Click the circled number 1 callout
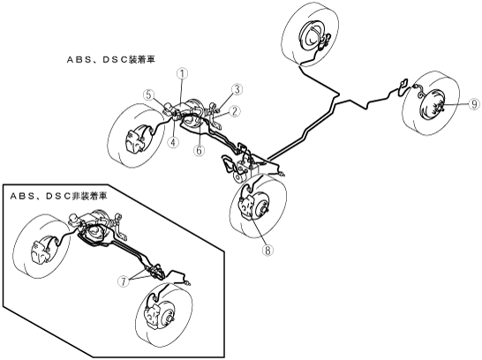coord(182,74)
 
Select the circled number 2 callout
coord(235,111)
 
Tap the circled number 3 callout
coord(237,89)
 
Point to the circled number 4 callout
coord(174,142)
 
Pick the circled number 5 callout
coord(149,94)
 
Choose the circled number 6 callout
coord(200,150)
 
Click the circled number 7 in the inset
coord(124,281)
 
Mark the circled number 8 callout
coord(267,251)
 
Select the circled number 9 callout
coord(474,104)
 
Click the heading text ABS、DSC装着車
coord(111,60)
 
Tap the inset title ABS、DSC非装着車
coord(59,196)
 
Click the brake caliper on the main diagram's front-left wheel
coord(135,139)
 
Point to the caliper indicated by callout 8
coord(247,207)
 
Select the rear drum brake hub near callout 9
coord(433,105)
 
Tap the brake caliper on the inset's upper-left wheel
coord(40,250)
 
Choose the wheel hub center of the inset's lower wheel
coord(169,319)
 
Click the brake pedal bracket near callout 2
coord(215,116)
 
